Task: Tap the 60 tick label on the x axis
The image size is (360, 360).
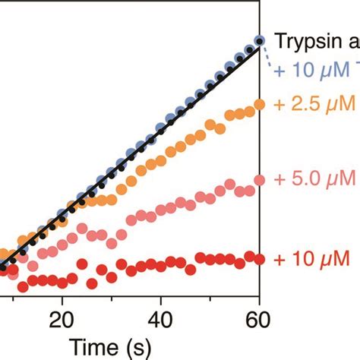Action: (259, 317)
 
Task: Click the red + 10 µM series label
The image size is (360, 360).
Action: (311, 259)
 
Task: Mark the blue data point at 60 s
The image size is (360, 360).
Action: (259, 41)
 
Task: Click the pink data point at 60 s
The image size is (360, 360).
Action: (259, 180)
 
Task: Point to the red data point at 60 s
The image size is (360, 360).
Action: (259, 259)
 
